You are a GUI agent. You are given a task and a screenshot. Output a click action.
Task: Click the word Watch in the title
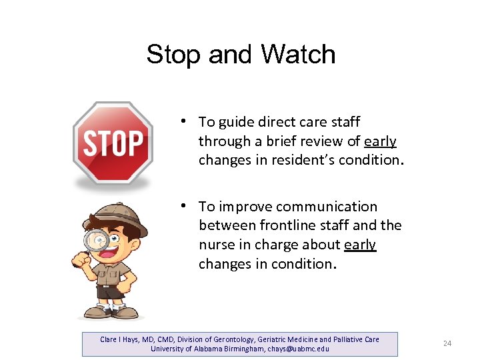pos(299,54)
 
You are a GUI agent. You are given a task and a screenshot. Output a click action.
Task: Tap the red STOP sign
pos(113,143)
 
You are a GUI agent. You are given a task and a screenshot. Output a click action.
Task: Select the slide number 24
pos(447,343)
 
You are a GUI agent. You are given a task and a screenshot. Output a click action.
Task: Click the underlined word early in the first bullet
pos(381,141)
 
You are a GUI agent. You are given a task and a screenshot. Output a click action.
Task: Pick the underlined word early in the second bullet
pos(360,245)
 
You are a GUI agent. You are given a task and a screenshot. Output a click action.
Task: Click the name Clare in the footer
pos(109,339)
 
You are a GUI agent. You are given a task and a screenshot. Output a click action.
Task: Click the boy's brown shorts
pos(111,291)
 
